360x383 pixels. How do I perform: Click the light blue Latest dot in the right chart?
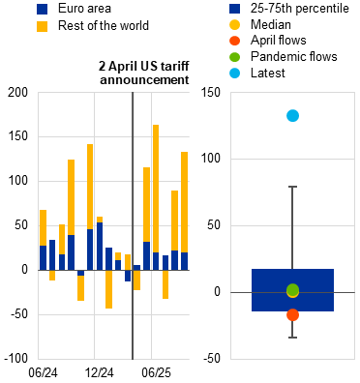coord(292,115)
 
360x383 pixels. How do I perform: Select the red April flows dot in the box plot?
coord(292,314)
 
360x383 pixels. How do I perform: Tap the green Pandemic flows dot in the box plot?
coord(292,290)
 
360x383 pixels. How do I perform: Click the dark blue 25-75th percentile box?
coord(292,290)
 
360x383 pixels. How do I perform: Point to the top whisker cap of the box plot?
coord(292,187)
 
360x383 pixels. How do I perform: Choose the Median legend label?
coord(271,24)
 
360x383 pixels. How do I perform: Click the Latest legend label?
coord(268,73)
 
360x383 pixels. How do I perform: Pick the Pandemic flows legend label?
coord(294,57)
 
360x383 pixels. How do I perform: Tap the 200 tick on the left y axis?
coord(18,93)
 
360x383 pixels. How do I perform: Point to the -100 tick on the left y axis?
coord(16,359)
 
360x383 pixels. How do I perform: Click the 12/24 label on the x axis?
coord(100,373)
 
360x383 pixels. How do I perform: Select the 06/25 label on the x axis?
coord(156,373)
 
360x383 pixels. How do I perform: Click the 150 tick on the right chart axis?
coord(211,93)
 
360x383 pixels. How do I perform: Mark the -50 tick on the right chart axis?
coord(213,359)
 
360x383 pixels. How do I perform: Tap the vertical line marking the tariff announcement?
coord(133,225)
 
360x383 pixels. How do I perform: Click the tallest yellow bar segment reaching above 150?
coord(156,189)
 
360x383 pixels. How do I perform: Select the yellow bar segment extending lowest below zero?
coord(108,289)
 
